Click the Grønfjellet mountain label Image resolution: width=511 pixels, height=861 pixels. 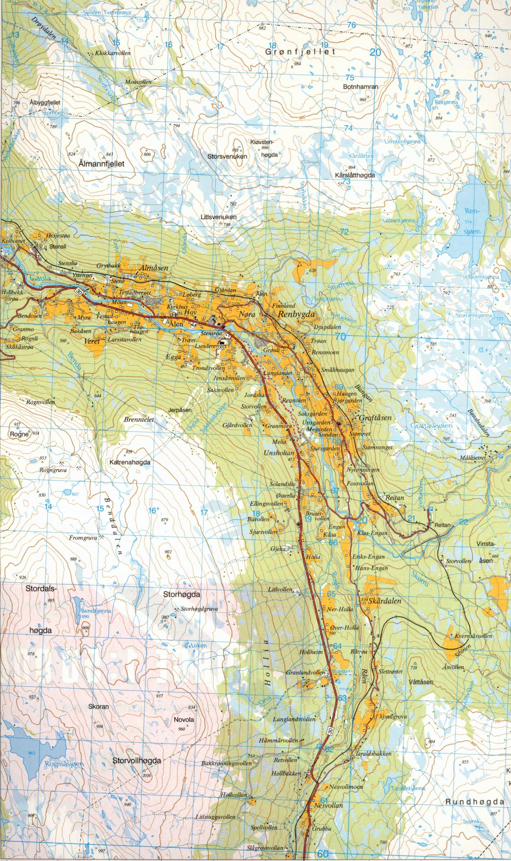[x=300, y=52]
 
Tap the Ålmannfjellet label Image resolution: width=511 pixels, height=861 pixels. [x=101, y=164]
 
